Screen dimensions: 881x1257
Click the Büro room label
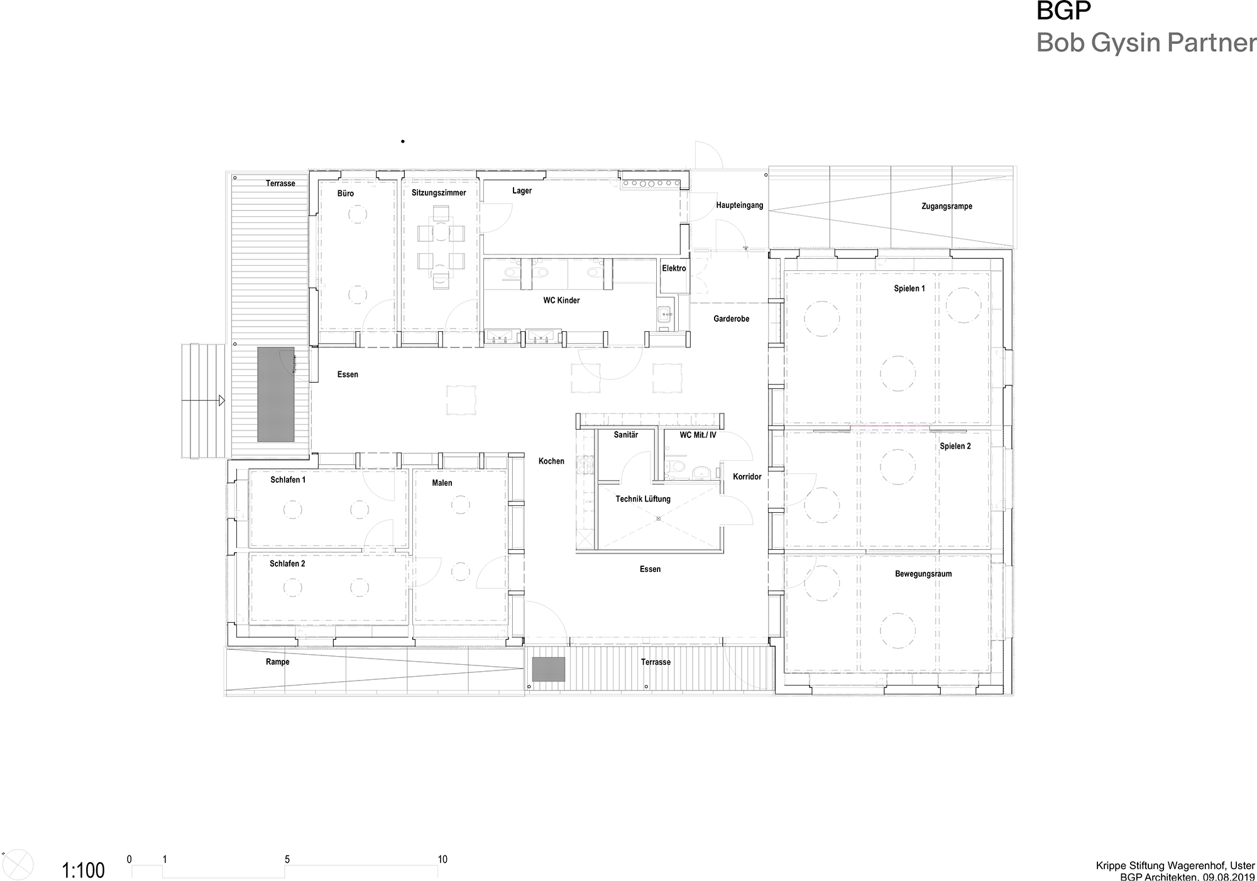click(x=346, y=194)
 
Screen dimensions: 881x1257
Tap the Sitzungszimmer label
click(x=439, y=193)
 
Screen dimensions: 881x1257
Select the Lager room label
click(x=522, y=190)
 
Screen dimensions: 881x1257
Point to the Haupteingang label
click(x=739, y=205)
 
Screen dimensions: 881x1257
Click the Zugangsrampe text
click(x=947, y=206)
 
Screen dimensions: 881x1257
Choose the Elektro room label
click(x=674, y=268)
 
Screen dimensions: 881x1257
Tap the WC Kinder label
click(x=561, y=300)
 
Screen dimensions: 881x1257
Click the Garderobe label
click(x=731, y=319)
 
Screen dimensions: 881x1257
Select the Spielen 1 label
click(x=909, y=288)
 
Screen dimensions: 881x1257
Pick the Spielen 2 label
click(x=955, y=446)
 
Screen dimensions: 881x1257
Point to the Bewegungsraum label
click(x=923, y=574)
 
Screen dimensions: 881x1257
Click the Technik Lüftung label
click(x=643, y=499)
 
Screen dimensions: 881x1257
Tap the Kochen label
click(x=551, y=461)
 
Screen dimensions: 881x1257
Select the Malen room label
click(x=442, y=483)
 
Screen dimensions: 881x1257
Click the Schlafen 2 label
click(x=287, y=564)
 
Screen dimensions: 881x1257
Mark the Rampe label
click(x=277, y=662)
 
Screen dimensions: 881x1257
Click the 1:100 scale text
click(x=83, y=871)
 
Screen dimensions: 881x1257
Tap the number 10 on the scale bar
click(x=442, y=860)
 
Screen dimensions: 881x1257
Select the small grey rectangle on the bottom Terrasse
click(x=549, y=669)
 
